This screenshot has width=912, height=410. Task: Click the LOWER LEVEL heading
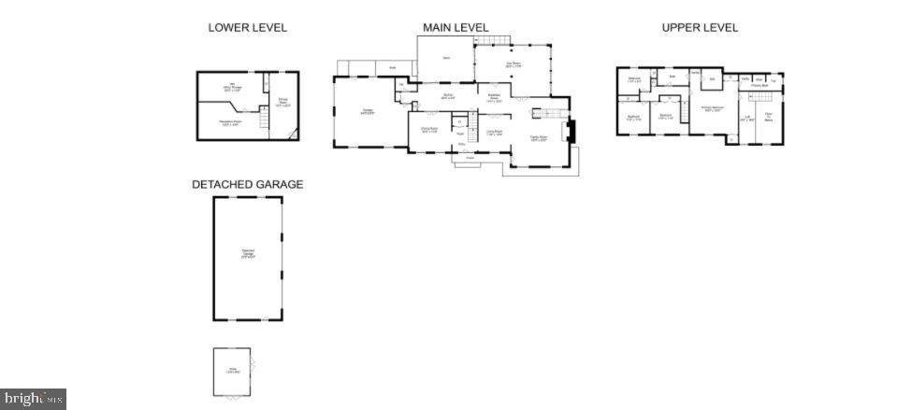pyautogui.click(x=247, y=28)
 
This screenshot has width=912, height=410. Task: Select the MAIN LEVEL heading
pyautogui.click(x=456, y=28)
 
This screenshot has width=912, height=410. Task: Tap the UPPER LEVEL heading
pyautogui.click(x=700, y=28)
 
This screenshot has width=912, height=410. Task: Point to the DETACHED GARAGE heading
pyautogui.click(x=247, y=185)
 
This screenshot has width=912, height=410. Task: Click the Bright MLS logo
pyautogui.click(x=34, y=399)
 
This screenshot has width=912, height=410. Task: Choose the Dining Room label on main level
pyautogui.click(x=429, y=131)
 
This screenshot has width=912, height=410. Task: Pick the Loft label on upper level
pyautogui.click(x=747, y=119)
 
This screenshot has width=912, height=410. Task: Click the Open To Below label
pyautogui.click(x=769, y=117)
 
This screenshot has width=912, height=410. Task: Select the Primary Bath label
pyautogui.click(x=759, y=86)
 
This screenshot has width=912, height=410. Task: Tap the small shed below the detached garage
pyautogui.click(x=231, y=372)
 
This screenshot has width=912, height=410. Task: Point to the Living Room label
pyautogui.click(x=494, y=134)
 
